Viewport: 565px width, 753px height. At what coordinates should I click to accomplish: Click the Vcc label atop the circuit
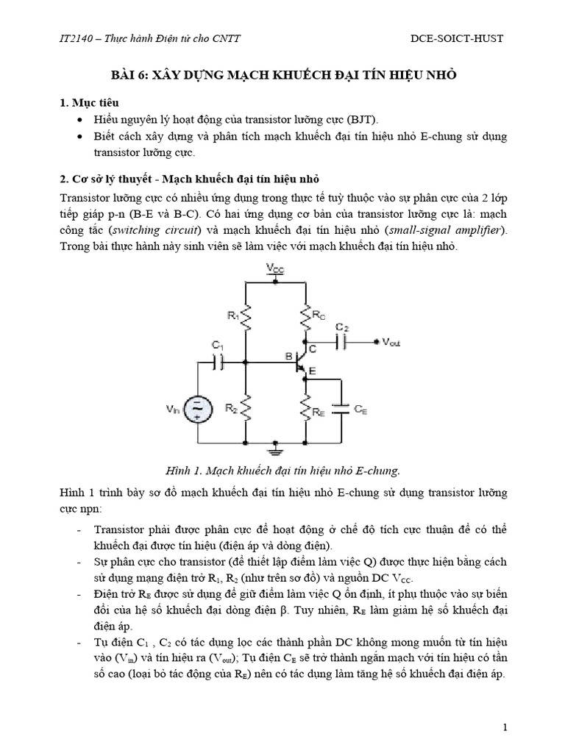coord(274,270)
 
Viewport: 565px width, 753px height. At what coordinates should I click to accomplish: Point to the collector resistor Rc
coord(305,317)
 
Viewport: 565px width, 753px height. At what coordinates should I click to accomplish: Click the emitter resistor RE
coord(305,409)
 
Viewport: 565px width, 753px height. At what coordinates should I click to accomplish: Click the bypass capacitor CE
coord(341,410)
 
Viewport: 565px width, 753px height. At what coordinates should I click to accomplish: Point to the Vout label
coord(390,343)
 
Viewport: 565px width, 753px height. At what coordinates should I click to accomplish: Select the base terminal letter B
coord(288,357)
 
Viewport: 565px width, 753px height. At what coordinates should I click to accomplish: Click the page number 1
coord(506,727)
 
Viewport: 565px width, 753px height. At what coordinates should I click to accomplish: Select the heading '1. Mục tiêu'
coord(88,101)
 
